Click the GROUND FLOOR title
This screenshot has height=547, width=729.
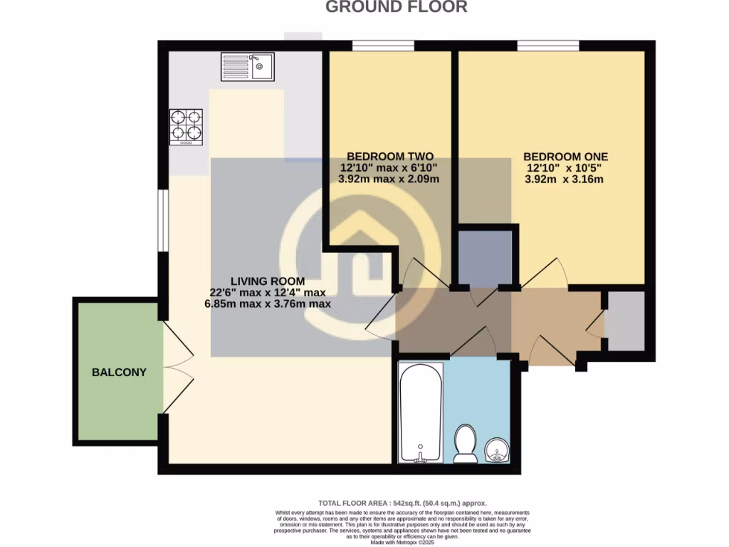(397, 7)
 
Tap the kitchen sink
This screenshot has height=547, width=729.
(248, 66)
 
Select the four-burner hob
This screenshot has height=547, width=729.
(186, 127)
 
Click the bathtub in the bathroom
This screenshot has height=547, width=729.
(421, 413)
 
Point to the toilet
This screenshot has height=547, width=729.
(466, 444)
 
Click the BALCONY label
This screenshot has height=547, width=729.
(119, 372)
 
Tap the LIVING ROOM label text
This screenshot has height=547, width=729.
(267, 281)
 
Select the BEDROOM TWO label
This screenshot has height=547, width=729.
(389, 157)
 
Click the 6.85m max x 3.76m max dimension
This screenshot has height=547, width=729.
(267, 303)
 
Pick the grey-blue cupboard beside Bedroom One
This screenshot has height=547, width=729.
(484, 256)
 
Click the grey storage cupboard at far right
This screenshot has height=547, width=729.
(625, 320)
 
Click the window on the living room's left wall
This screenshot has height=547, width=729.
(162, 222)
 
